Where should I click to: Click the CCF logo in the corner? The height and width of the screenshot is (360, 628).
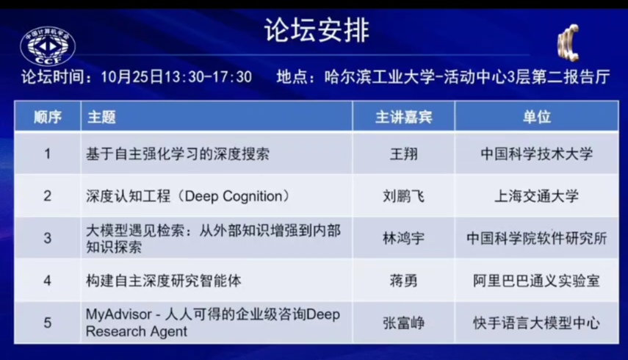48,46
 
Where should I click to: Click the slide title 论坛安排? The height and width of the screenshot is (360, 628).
317,30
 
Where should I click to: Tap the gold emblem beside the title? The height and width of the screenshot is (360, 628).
569,43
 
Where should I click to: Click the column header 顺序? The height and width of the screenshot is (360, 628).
47,117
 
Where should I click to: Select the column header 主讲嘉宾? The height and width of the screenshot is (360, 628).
403,117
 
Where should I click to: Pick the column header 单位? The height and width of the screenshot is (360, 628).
537,117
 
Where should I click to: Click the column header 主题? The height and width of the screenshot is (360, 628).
102,117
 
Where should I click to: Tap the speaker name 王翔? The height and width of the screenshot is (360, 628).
403,154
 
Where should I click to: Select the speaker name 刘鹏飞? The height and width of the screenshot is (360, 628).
403,196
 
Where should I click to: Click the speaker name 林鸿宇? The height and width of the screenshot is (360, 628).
403,238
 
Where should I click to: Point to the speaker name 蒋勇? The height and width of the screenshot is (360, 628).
403,281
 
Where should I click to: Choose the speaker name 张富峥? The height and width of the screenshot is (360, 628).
403,323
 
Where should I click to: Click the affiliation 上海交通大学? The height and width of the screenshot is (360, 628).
537,196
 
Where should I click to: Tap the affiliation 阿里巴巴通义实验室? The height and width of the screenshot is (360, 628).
537,281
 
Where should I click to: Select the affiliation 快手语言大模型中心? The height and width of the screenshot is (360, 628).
537,323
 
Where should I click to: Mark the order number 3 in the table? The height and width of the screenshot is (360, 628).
47,238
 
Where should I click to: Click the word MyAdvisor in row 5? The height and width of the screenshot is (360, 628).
119,314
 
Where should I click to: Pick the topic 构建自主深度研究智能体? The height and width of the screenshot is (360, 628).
163,281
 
